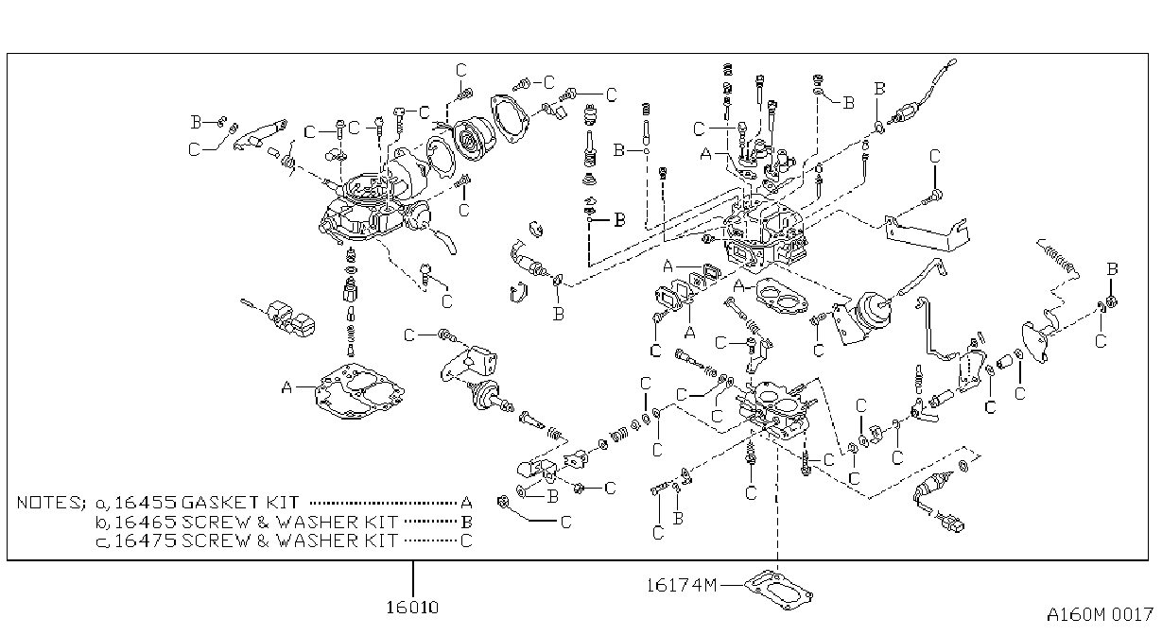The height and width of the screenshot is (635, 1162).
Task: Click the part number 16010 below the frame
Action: point(412,607)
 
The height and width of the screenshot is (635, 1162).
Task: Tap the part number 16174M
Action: point(682,585)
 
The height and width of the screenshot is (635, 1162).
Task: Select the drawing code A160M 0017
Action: point(1100,615)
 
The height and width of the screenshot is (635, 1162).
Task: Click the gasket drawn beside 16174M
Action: point(779,590)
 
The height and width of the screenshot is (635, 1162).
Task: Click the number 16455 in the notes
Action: point(146,503)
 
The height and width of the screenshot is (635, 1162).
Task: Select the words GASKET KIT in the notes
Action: point(240,503)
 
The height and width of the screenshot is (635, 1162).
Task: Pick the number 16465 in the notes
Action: point(146,522)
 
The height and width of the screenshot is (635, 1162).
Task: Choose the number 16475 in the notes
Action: point(146,541)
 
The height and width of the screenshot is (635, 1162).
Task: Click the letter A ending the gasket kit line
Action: point(466,503)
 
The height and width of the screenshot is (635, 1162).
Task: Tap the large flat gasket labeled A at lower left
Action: point(360,391)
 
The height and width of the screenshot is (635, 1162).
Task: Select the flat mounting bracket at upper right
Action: point(927,234)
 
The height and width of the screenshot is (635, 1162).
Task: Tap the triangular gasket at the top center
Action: point(510,119)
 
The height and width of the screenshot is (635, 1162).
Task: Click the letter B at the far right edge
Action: point(1112,269)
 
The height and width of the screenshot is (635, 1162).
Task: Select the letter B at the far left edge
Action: point(196,122)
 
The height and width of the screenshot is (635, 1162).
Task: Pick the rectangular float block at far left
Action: point(291,317)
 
